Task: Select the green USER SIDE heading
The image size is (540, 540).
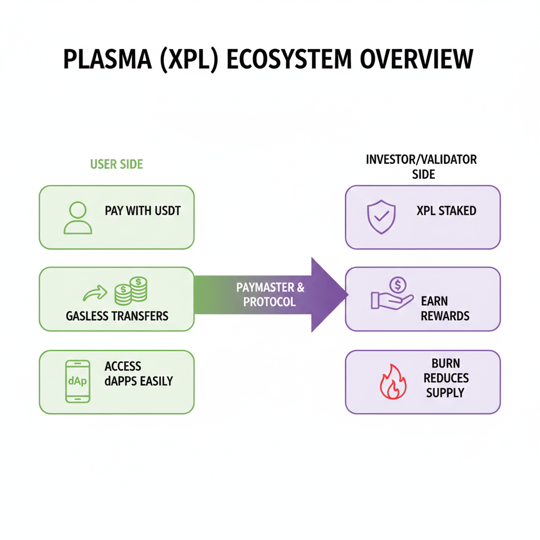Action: (x=117, y=165)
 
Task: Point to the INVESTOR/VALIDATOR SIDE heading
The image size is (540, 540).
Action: (x=421, y=167)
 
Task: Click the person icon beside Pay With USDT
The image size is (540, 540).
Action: (x=78, y=218)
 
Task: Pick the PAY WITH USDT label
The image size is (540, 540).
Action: (x=142, y=211)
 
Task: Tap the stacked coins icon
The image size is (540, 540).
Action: (x=131, y=291)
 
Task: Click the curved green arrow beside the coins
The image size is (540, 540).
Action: (x=95, y=293)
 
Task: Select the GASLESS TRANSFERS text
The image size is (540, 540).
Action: (x=117, y=316)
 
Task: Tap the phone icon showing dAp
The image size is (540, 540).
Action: (x=77, y=382)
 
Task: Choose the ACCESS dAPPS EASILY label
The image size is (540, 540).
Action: (x=138, y=373)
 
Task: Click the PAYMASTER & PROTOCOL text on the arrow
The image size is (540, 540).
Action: (x=270, y=295)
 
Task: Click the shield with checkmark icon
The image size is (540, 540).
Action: (x=381, y=216)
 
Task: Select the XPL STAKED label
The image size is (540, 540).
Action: (x=446, y=211)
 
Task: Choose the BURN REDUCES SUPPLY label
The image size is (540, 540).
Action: (x=446, y=378)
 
